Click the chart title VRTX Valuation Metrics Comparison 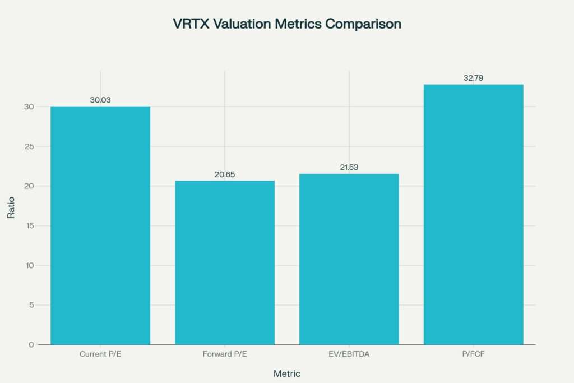pos(286,24)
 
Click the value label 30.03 pos(100,100)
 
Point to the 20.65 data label pos(225,174)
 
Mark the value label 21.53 pos(349,167)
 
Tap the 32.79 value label pos(473,78)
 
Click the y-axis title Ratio pos(11,207)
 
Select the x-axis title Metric pos(286,373)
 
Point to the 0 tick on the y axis pos(31,344)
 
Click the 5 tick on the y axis pos(31,305)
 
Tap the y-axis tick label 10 pos(29,265)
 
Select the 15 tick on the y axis pos(29,225)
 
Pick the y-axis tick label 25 pos(29,146)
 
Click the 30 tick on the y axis pos(29,107)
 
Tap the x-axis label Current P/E pos(100,354)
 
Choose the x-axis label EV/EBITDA pos(349,354)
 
